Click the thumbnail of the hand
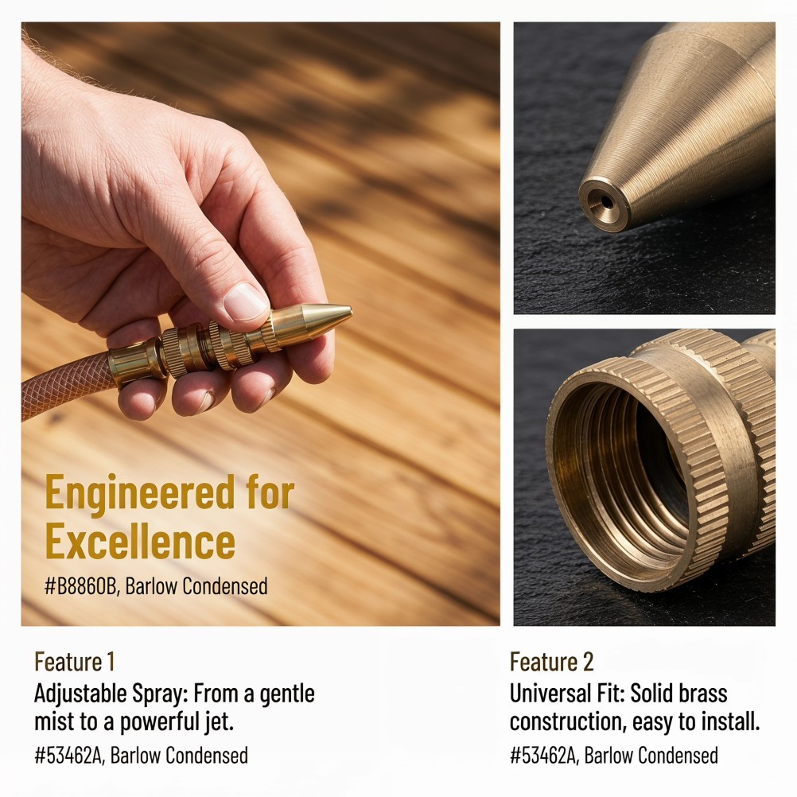[x=246, y=301]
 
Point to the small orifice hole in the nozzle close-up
[x=607, y=202]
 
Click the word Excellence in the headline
[x=140, y=541]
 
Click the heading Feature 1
[x=74, y=662]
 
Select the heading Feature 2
[x=551, y=662]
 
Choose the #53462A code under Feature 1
[x=69, y=756]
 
